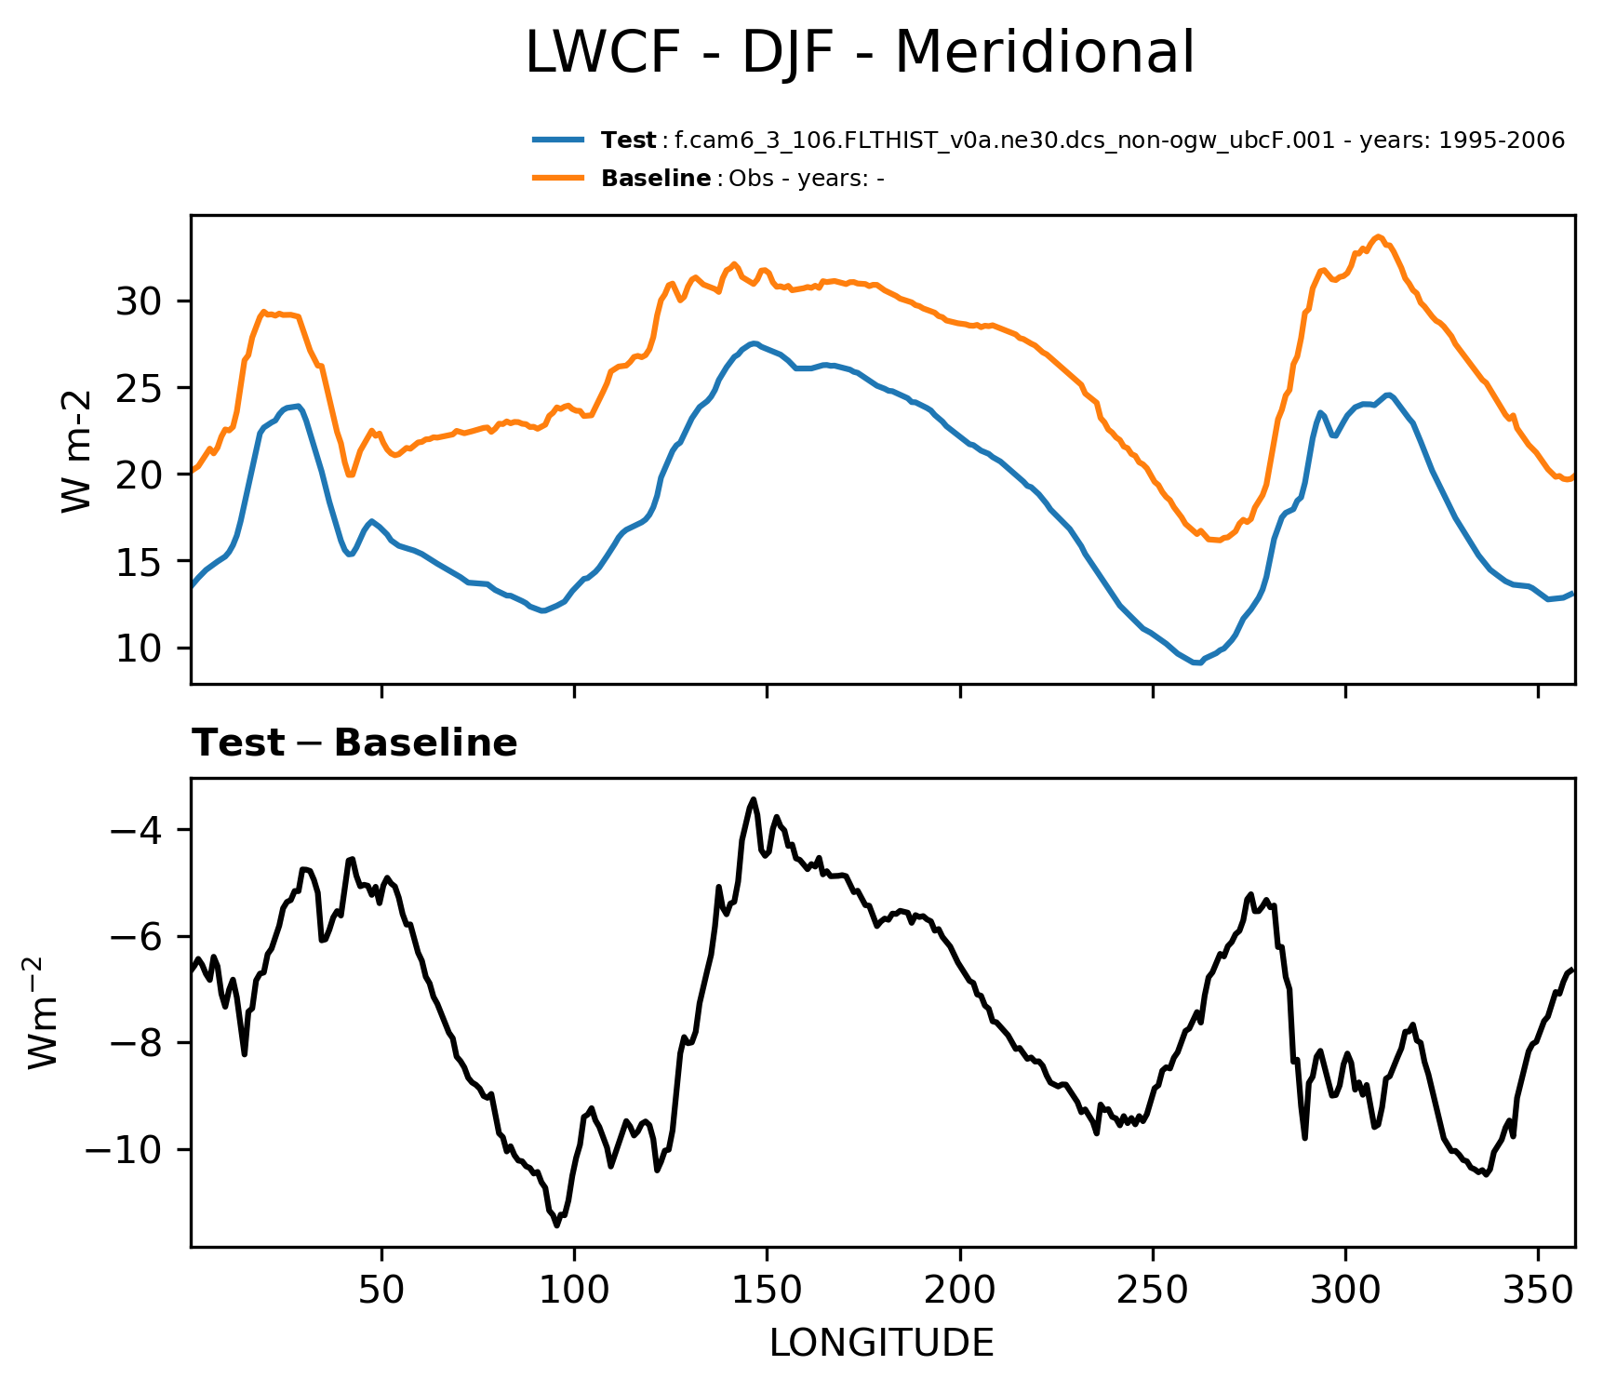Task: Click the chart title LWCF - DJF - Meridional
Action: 859,53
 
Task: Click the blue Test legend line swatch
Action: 558,141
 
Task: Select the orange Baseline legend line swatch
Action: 558,178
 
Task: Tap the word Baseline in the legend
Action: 656,179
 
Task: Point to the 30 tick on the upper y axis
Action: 140,301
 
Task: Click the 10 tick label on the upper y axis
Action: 140,649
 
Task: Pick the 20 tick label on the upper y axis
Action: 140,475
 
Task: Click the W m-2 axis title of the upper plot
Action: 76,450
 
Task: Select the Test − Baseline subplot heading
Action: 354,743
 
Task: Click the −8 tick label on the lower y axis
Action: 137,1043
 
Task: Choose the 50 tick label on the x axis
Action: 381,1290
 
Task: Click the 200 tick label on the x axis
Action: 960,1290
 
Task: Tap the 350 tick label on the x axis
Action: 1538,1290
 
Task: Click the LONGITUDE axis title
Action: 882,1344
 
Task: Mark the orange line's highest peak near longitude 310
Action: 1379,236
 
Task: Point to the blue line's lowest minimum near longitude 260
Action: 1196,663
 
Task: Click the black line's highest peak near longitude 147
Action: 754,798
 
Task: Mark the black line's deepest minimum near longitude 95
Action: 557,1225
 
